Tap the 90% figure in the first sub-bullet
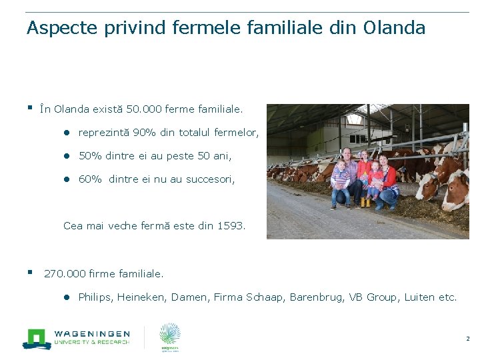(145, 133)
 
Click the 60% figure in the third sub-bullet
(90, 179)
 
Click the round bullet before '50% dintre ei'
(67, 156)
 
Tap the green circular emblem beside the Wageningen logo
(169, 334)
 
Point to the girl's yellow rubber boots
(365, 202)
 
